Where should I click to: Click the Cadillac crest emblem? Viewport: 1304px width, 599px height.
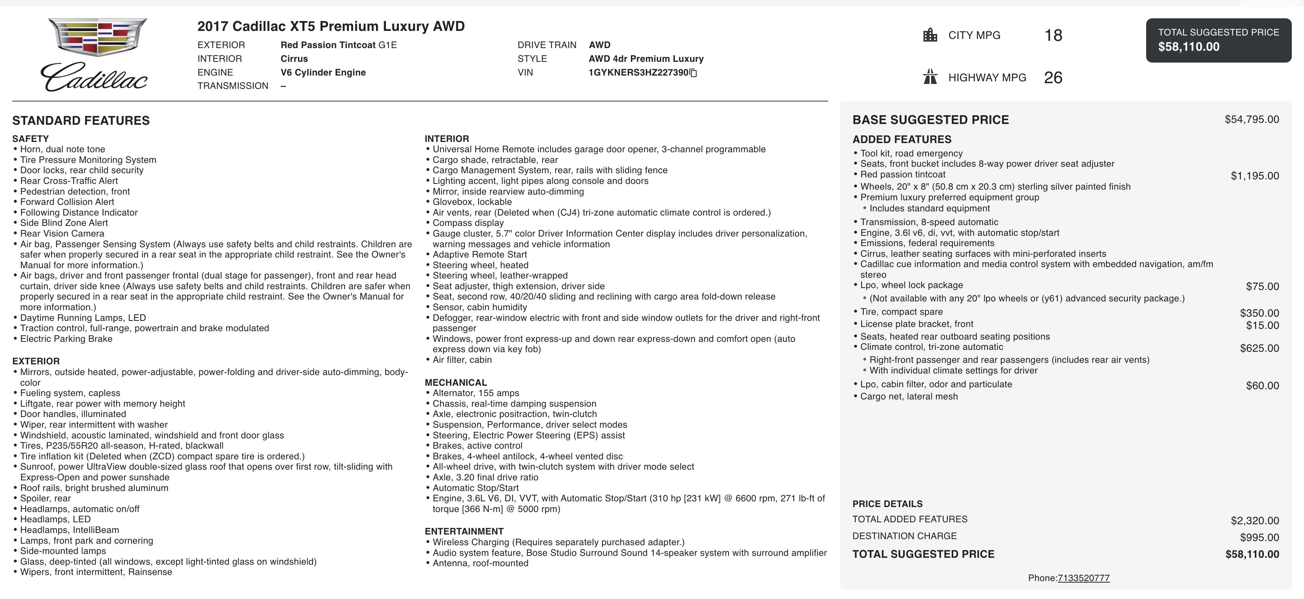97,37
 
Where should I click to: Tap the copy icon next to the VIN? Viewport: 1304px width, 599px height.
694,73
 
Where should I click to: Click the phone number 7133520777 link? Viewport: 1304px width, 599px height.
1083,578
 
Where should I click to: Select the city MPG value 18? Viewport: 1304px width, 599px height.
1053,35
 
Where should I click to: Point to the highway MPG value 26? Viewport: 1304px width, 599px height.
1053,77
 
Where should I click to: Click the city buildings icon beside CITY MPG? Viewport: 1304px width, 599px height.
930,35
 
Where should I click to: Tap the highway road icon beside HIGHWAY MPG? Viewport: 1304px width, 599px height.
930,77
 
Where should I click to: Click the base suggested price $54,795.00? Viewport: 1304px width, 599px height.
1251,119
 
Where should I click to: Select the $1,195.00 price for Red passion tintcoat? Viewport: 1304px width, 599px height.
1254,176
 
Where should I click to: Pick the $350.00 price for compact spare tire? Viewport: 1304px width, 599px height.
1259,313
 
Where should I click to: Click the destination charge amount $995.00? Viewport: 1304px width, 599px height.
1259,537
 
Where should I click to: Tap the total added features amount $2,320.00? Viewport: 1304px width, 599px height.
1254,520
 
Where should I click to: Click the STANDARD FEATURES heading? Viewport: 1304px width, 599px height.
81,121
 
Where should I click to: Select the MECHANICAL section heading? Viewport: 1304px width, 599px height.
456,382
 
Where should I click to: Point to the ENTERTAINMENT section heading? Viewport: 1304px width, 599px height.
464,531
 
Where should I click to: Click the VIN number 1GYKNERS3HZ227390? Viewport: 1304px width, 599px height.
638,72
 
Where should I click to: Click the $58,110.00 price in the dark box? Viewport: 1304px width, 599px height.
1188,47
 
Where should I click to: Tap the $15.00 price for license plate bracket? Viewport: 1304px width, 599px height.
1262,325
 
